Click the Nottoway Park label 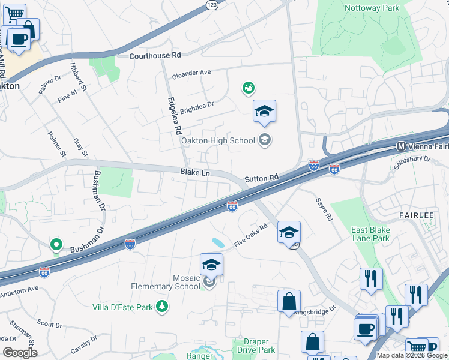tap(372, 8)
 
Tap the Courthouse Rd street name tap(155, 55)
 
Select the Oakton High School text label tap(218, 141)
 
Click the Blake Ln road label tap(195, 173)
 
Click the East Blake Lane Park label tap(370, 234)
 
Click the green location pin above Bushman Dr tap(56, 245)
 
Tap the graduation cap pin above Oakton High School tap(264, 112)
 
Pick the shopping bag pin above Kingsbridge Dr tap(289, 302)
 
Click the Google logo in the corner tap(20, 353)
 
